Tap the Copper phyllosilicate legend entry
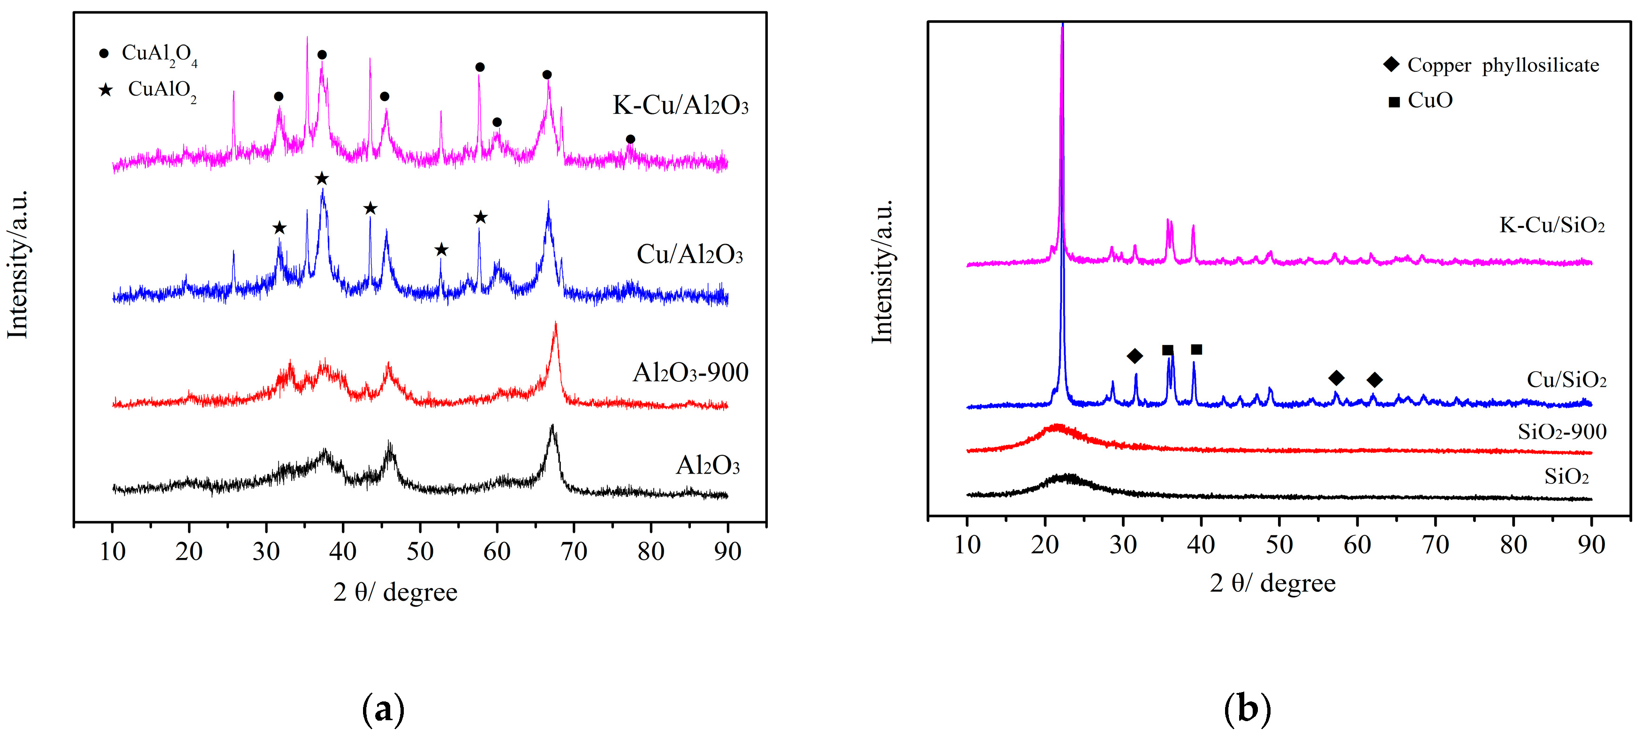[1491, 65]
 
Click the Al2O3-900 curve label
[690, 373]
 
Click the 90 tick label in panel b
[1591, 545]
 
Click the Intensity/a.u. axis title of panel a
[18, 264]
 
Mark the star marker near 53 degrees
[441, 250]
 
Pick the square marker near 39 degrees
[1196, 349]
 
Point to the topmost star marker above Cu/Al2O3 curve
[322, 179]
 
